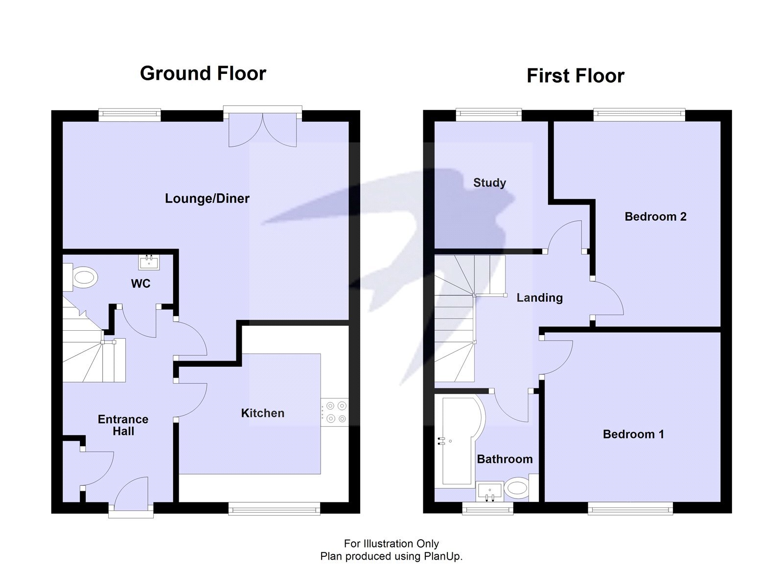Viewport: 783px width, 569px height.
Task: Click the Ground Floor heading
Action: tap(203, 73)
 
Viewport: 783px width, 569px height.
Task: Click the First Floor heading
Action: tap(575, 76)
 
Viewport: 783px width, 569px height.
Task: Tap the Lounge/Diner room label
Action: tap(207, 198)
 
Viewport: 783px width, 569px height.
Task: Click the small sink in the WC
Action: tap(149, 262)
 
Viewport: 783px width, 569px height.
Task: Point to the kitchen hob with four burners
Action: tap(335, 412)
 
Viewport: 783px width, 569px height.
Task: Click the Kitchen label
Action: tap(262, 413)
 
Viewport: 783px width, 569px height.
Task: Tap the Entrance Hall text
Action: tap(123, 425)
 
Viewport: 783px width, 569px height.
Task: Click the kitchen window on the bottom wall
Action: tap(274, 509)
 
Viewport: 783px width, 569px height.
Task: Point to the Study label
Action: tap(489, 182)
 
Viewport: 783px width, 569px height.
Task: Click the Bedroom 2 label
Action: tap(655, 216)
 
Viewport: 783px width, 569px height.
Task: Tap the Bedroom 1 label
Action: tap(633, 434)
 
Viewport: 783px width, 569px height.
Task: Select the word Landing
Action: tap(539, 297)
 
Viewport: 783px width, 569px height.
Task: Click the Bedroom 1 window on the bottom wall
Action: tap(630, 509)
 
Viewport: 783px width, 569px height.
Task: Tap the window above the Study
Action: tap(489, 114)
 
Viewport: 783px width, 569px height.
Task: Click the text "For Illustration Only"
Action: tap(391, 543)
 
